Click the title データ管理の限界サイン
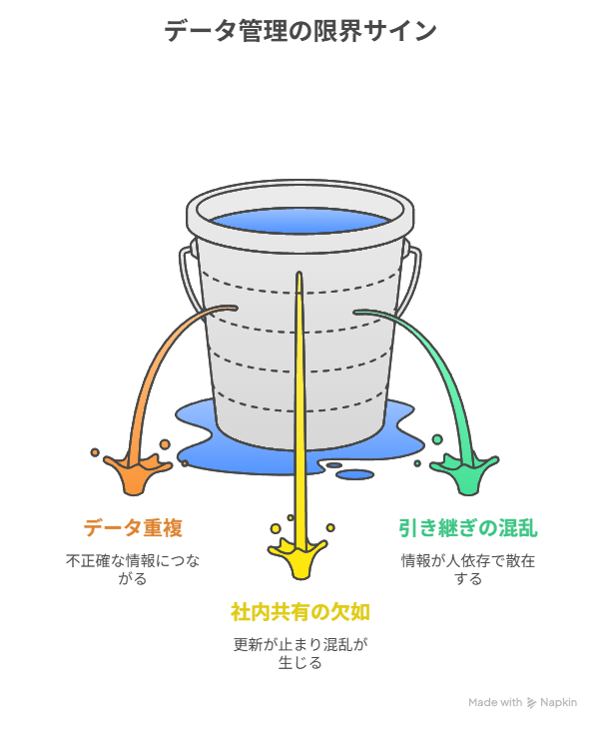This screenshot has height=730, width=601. click(300, 31)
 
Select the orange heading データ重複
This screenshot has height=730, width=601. click(133, 527)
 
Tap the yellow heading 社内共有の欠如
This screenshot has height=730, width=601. click(300, 611)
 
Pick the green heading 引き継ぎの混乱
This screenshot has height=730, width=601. click(467, 527)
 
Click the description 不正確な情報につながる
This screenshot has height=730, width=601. click(133, 569)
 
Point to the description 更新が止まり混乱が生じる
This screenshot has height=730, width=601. click(300, 653)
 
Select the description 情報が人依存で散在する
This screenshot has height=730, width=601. click(467, 569)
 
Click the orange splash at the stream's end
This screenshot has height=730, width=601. click(135, 474)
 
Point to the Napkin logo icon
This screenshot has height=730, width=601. click(531, 703)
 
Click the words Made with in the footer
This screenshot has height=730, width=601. click(495, 703)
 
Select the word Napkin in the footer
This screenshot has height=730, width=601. click(559, 703)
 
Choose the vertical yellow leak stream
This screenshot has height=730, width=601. click(300, 399)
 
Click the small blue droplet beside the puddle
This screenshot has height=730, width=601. click(353, 474)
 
